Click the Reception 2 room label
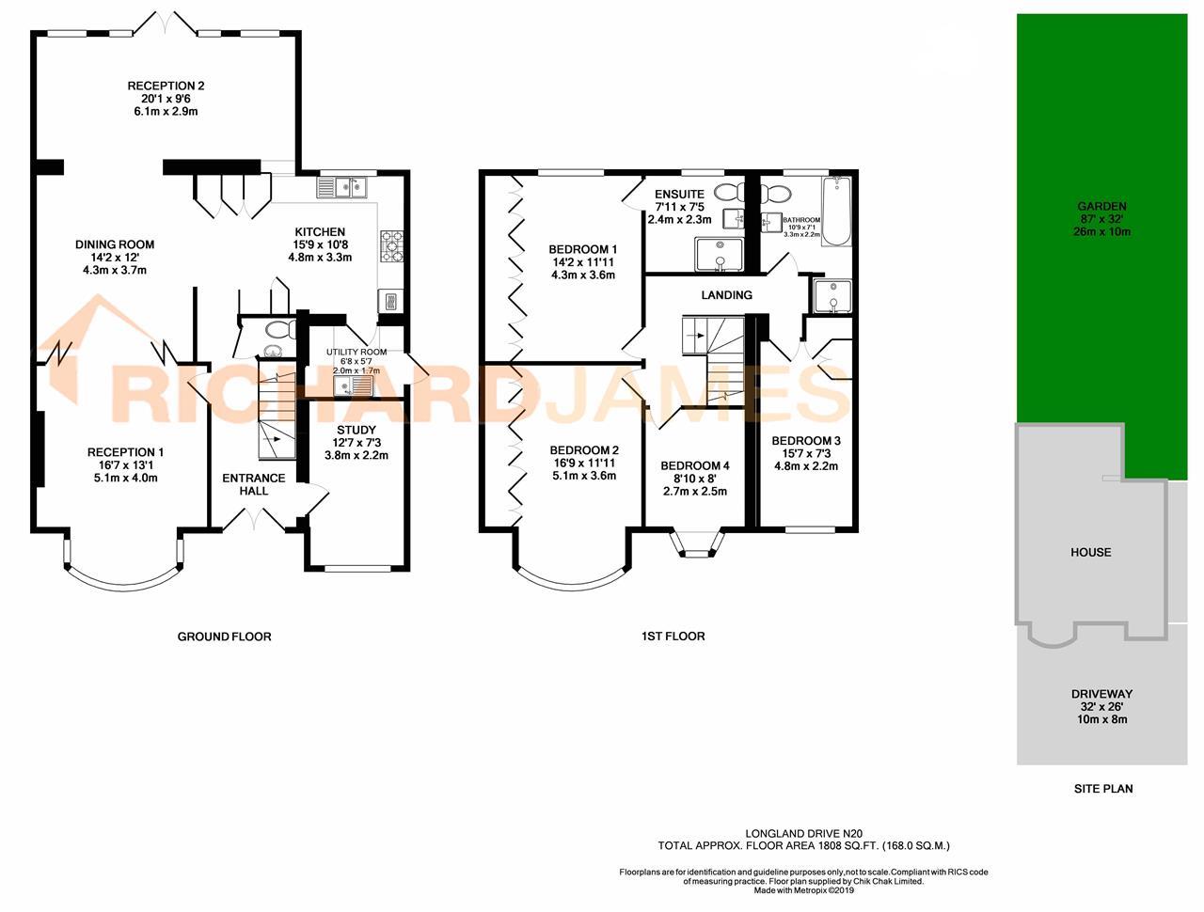166,86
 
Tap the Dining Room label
115,244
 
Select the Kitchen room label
320,232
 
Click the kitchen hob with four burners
390,245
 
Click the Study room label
356,430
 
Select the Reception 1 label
125,452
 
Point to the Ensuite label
679,195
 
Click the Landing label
726,295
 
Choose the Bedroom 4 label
694,465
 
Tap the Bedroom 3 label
805,440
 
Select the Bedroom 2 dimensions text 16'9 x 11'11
583,463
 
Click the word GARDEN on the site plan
1101,206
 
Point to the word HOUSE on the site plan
1090,552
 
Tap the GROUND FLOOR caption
224,637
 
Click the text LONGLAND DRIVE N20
803,832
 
